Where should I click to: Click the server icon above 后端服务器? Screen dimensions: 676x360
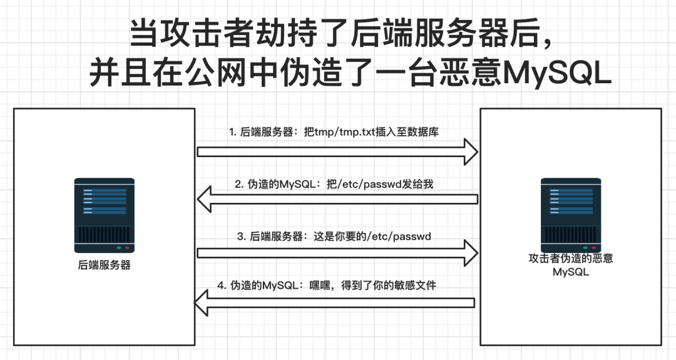click(105, 215)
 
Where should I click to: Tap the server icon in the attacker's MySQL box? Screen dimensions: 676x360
click(571, 215)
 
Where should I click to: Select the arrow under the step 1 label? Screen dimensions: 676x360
click(337, 152)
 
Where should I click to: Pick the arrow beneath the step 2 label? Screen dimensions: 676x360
click(337, 199)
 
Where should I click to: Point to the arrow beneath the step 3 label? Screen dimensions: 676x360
click(337, 253)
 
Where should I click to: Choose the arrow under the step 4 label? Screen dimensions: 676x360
click(334, 303)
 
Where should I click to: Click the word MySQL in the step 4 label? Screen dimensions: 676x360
click(280, 285)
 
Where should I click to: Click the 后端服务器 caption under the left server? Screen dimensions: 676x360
click(105, 265)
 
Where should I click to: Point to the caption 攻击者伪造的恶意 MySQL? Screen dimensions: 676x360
click(571, 265)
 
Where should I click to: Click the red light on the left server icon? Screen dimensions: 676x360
click(127, 248)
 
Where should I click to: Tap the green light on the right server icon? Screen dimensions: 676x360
click(585, 248)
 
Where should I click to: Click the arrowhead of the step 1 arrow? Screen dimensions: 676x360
click(471, 152)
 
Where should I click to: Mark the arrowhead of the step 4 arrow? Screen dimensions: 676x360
click(201, 303)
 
